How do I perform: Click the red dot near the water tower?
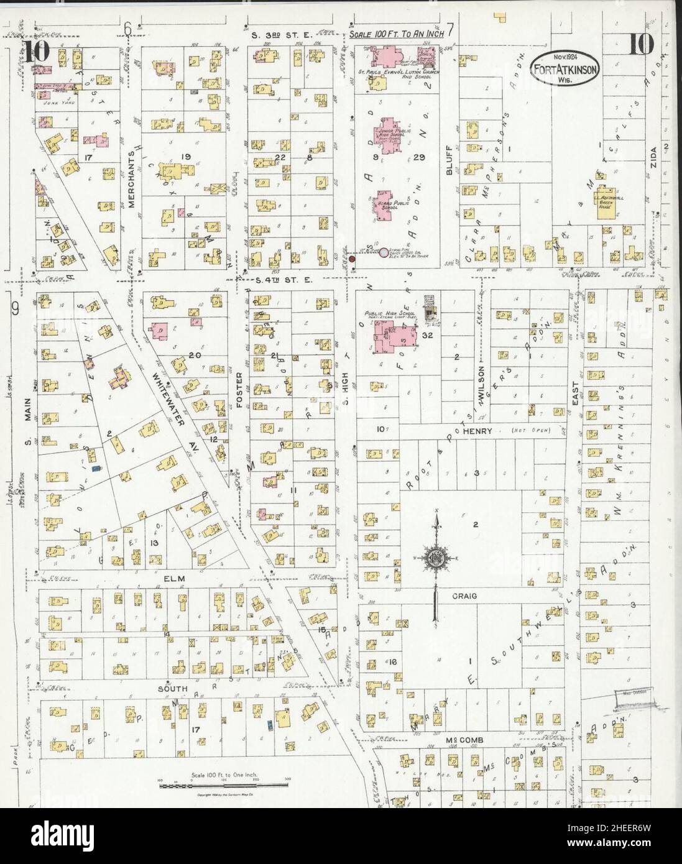(x=351, y=259)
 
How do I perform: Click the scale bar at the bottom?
(x=221, y=786)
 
